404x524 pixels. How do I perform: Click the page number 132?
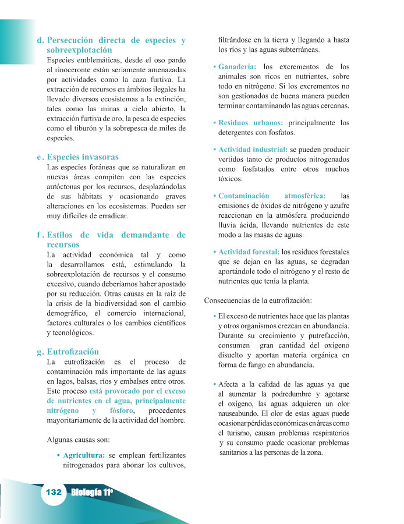point(54,492)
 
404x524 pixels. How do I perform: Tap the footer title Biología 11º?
point(92,493)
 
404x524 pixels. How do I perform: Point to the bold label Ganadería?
point(239,67)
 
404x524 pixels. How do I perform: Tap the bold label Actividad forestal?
point(249,252)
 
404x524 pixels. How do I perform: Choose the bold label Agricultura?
point(84,454)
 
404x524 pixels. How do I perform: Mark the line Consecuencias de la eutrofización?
point(258,301)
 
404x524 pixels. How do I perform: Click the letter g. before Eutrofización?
point(40,352)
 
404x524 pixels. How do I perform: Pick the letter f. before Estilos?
point(39,235)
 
